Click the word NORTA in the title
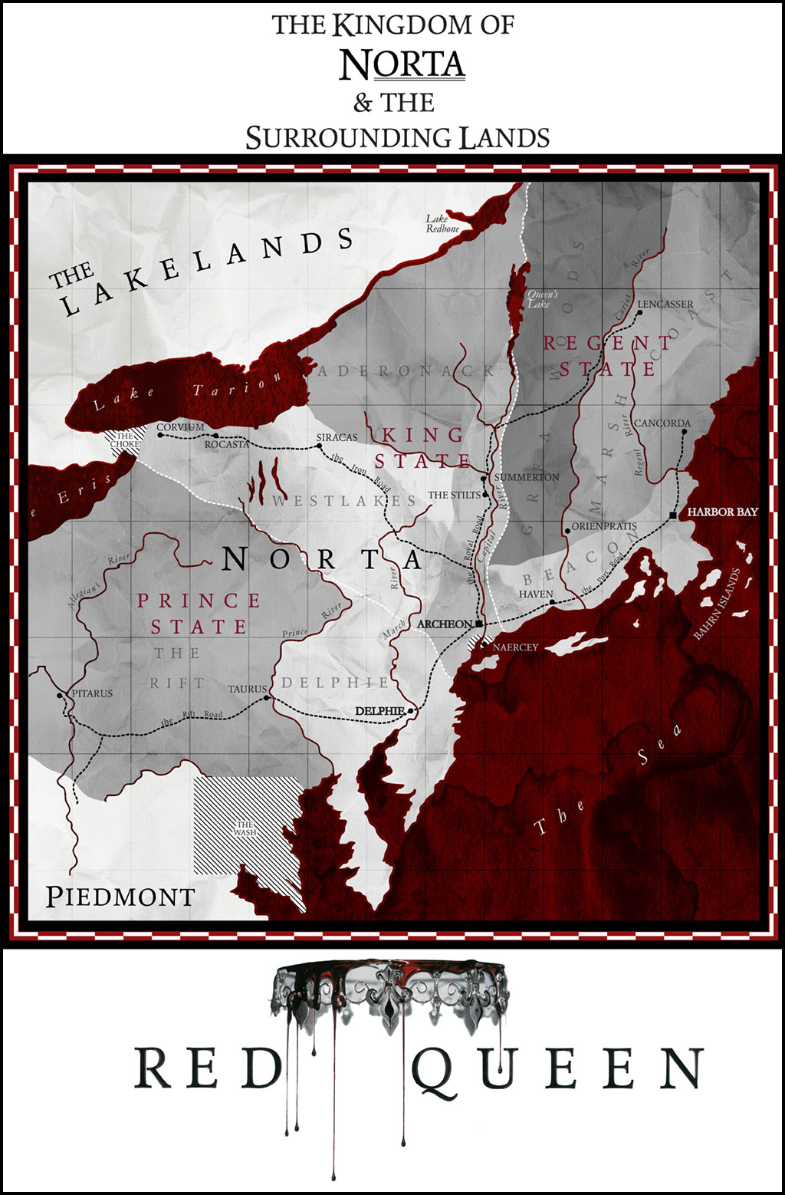pyautogui.click(x=402, y=65)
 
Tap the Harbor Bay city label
pyautogui.click(x=722, y=512)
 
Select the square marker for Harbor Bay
pyautogui.click(x=673, y=515)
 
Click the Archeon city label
pyautogui.click(x=444, y=624)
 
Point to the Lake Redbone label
pyautogui.click(x=442, y=224)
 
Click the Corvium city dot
pyautogui.click(x=160, y=435)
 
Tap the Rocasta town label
pyautogui.click(x=227, y=444)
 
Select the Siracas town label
pyautogui.click(x=337, y=437)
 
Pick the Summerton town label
pyautogui.click(x=527, y=477)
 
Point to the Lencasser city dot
pyautogui.click(x=639, y=313)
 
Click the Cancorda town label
pyautogui.click(x=662, y=423)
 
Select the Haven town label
pyautogui.click(x=535, y=594)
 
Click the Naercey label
pyautogui.click(x=515, y=647)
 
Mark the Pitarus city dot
pyautogui.click(x=60, y=696)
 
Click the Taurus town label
pyautogui.click(x=247, y=690)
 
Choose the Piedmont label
pyautogui.click(x=120, y=897)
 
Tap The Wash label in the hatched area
pyautogui.click(x=245, y=828)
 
